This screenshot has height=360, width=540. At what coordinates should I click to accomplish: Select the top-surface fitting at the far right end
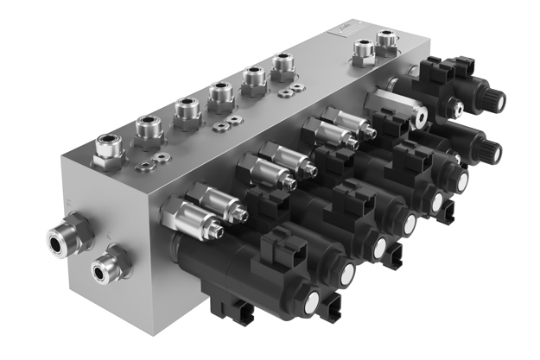pyautogui.click(x=386, y=40)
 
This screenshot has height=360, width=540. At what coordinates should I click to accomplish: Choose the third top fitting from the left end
pyautogui.click(x=187, y=111)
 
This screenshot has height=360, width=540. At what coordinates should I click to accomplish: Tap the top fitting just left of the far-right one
pyautogui.click(x=361, y=51)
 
